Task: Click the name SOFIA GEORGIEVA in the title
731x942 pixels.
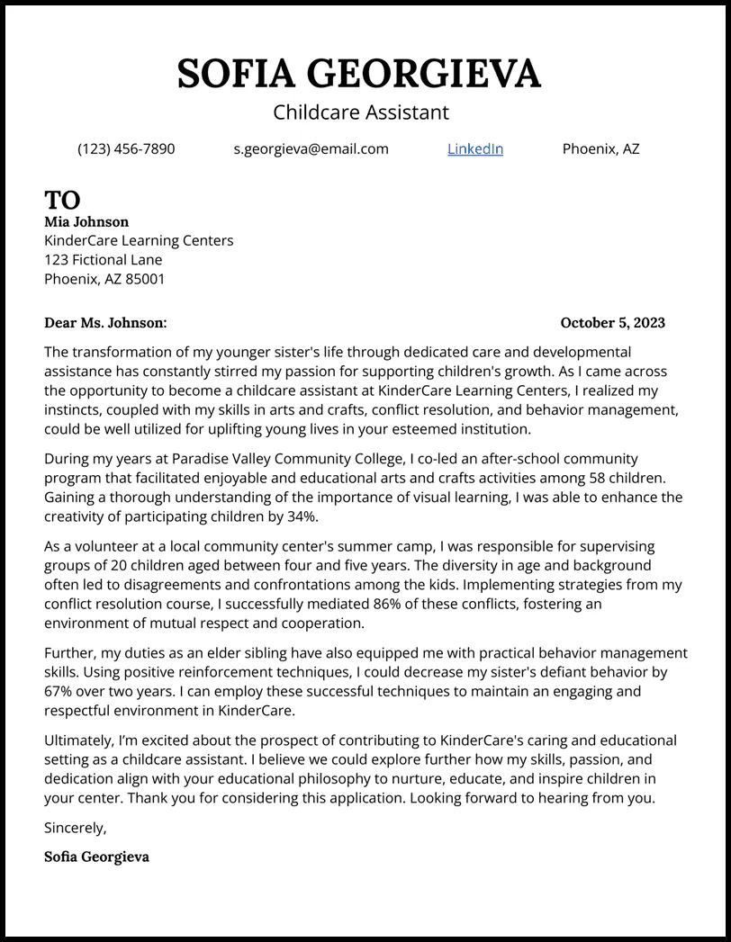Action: coord(359,73)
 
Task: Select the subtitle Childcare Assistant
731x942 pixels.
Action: coord(360,112)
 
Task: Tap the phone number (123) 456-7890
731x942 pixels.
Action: coord(126,149)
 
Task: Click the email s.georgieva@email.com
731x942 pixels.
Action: coord(311,149)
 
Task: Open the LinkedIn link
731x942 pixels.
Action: coord(474,149)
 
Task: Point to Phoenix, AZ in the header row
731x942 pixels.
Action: coord(600,149)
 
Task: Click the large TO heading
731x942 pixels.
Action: coord(62,200)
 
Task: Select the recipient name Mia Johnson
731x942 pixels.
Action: coord(86,221)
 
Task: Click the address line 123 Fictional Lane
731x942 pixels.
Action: coord(104,260)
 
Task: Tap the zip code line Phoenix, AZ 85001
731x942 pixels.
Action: coord(104,279)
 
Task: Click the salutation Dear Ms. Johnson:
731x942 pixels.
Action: coord(105,322)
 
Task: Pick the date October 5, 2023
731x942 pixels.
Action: coord(612,322)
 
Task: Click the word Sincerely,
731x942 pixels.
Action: coord(75,828)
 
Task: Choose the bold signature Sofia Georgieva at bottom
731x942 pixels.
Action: coord(96,857)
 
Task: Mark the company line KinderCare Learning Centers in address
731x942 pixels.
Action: coord(139,240)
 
